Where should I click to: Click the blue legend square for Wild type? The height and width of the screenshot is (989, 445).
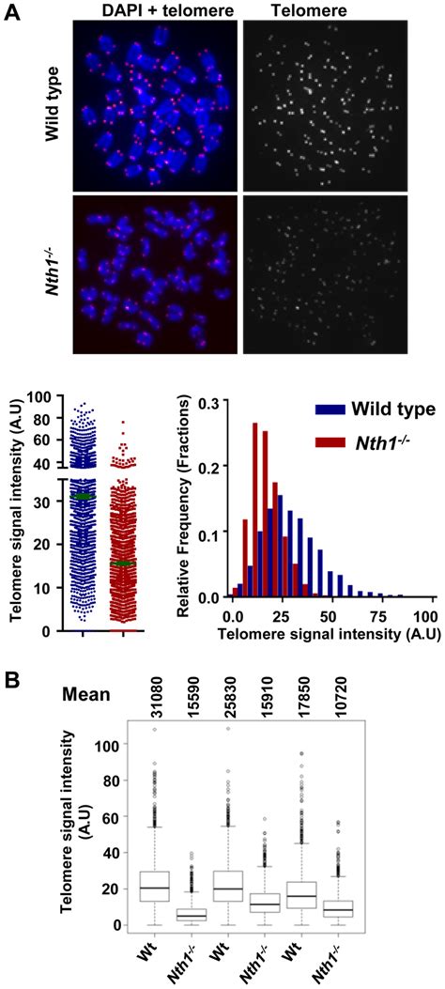pyautogui.click(x=312, y=410)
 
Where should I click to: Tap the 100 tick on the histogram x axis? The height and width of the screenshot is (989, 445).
pyautogui.click(x=423, y=611)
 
